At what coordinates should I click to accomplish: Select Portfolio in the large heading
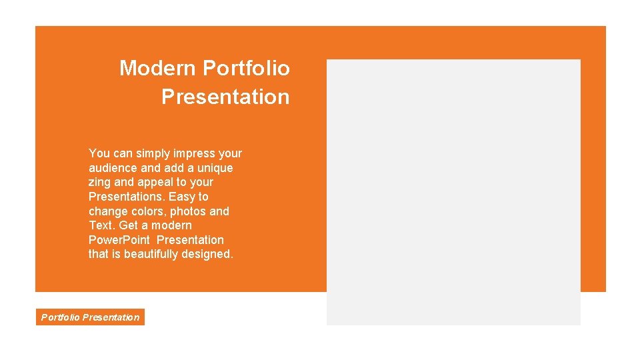pyautogui.click(x=246, y=68)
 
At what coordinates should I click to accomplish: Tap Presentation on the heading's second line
pyautogui.click(x=225, y=97)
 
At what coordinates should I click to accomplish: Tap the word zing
pyautogui.click(x=100, y=182)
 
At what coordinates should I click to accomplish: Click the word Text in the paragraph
pyautogui.click(x=101, y=225)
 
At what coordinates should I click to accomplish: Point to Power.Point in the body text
pyautogui.click(x=119, y=240)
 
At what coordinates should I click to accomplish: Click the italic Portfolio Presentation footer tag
pyautogui.click(x=90, y=317)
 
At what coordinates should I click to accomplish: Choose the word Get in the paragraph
pyautogui.click(x=129, y=225)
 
